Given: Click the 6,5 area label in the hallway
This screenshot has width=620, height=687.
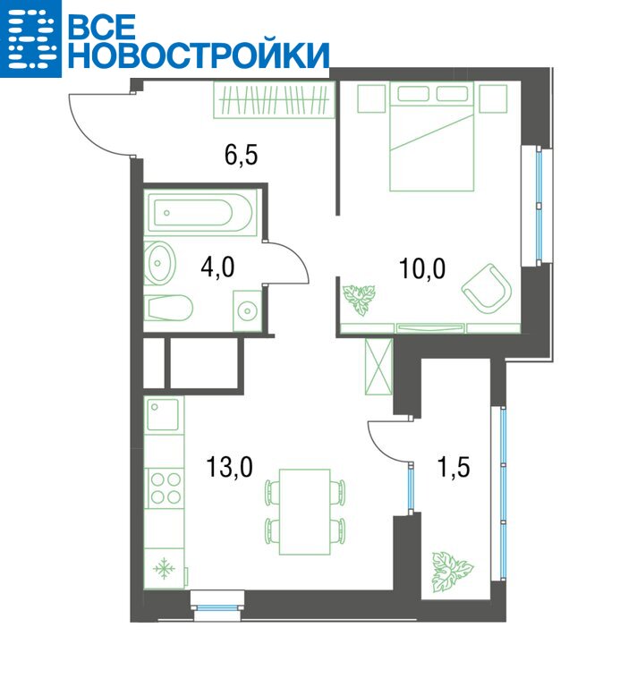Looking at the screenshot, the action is click(241, 156).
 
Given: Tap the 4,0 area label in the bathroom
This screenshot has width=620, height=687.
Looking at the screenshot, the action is click(217, 267).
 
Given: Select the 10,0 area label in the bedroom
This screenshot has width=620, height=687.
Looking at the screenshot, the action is click(422, 268).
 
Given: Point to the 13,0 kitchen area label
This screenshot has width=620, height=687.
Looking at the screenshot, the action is click(229, 467).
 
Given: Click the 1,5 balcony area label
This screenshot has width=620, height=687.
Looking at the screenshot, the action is click(454, 467).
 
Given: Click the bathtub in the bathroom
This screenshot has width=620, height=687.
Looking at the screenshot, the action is click(200, 213).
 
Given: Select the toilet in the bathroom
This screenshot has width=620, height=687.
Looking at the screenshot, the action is click(169, 308).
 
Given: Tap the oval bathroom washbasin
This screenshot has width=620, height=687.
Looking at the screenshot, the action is click(160, 263).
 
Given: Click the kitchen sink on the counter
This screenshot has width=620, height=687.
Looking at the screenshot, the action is click(163, 414).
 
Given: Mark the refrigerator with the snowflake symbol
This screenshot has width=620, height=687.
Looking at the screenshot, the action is click(165, 568).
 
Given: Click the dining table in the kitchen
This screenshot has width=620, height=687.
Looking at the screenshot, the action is click(305, 512).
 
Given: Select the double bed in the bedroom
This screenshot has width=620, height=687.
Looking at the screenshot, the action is click(432, 136).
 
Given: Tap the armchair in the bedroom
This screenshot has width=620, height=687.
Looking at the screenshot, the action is click(487, 288).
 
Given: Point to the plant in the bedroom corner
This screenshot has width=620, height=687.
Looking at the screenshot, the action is click(360, 300).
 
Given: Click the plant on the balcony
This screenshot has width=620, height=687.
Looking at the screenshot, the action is click(452, 571).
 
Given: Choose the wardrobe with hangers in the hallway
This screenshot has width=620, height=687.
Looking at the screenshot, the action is click(275, 100).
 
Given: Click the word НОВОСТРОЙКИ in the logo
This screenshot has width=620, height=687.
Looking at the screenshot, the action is click(198, 55).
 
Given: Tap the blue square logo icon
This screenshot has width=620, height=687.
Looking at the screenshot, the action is click(30, 39).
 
